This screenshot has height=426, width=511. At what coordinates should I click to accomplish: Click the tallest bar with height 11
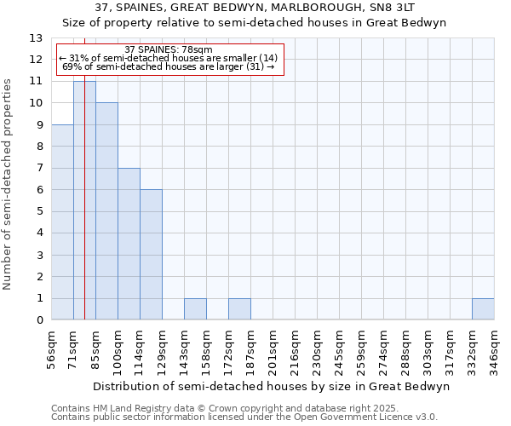[x=84, y=200]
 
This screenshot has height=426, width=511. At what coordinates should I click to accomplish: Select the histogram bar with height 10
[x=106, y=211]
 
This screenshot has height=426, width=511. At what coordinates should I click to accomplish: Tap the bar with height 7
[x=129, y=244]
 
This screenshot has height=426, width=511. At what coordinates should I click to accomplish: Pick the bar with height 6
[x=151, y=255]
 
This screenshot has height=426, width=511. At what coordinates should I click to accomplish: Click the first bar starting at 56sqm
[x=62, y=222]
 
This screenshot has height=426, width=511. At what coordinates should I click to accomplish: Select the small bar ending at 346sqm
[x=483, y=309]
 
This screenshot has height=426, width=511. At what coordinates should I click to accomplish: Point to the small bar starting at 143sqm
[x=195, y=309]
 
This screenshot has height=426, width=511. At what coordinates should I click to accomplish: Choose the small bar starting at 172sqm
[x=239, y=309]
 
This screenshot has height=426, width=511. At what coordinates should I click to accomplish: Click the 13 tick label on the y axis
[x=36, y=38]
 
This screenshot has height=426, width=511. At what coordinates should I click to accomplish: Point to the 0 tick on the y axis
[x=39, y=319]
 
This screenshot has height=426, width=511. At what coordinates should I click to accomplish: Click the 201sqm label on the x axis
[x=273, y=350]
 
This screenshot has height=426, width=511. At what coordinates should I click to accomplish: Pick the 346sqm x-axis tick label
[x=494, y=350]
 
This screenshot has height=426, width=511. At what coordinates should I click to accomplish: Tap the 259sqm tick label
[x=361, y=350]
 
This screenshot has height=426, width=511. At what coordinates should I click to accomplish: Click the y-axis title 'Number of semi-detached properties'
[x=9, y=183]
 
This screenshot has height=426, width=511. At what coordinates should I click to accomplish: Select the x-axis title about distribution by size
[x=270, y=386]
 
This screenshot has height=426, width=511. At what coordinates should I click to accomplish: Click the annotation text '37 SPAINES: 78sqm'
[x=169, y=49]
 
